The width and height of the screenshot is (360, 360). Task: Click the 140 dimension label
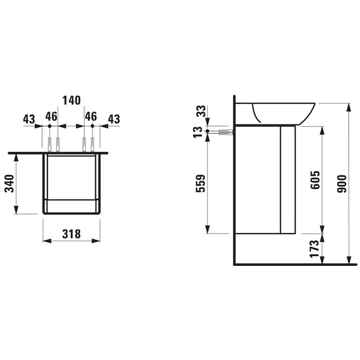[71, 100]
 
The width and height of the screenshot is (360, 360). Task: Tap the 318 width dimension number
[71, 234]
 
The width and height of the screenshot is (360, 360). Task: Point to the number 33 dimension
[201, 111]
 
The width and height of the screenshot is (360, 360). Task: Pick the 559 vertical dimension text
[201, 183]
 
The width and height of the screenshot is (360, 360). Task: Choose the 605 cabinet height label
[315, 180]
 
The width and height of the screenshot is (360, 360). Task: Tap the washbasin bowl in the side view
[283, 112]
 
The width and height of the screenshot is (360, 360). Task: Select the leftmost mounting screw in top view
[49, 144]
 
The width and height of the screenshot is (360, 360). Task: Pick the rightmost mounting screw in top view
[93, 144]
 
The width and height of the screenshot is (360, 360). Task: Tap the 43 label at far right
[113, 119]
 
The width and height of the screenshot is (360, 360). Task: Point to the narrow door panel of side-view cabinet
[287, 179]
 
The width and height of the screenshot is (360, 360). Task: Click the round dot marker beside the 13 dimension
[207, 132]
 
